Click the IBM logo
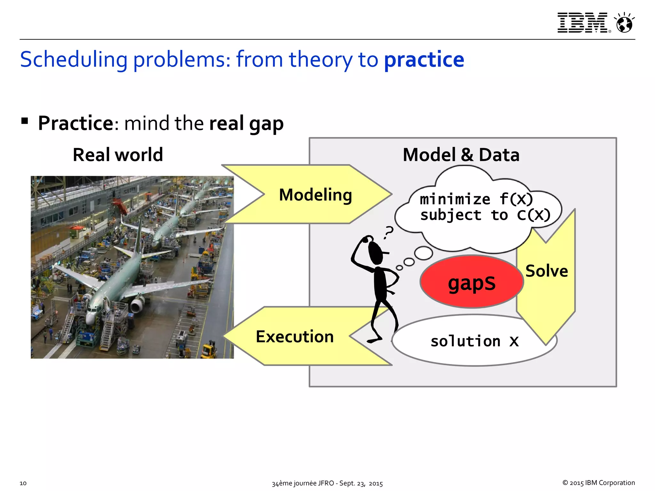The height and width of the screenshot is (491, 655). pyautogui.click(x=582, y=23)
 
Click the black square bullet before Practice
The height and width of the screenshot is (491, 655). pyautogui.click(x=25, y=121)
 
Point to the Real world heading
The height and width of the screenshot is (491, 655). pyautogui.click(x=118, y=155)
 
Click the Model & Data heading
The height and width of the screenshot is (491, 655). pyautogui.click(x=461, y=155)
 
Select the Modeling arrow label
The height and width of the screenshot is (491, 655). pyautogui.click(x=315, y=195)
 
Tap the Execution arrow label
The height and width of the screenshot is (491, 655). pyautogui.click(x=295, y=337)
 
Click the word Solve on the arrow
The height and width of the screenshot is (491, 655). pyautogui.click(x=547, y=271)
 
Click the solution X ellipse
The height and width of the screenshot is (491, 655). pyautogui.click(x=474, y=341)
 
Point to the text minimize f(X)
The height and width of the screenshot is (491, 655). pyautogui.click(x=476, y=199)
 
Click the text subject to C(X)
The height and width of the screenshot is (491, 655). pyautogui.click(x=485, y=215)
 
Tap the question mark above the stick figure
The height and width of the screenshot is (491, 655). pyautogui.click(x=389, y=232)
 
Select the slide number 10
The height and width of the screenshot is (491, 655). pyautogui.click(x=23, y=483)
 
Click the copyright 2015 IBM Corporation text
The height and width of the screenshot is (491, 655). pyautogui.click(x=598, y=483)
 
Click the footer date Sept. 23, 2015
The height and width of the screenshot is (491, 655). pyautogui.click(x=361, y=483)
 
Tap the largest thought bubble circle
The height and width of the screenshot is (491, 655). pyautogui.click(x=423, y=253)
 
